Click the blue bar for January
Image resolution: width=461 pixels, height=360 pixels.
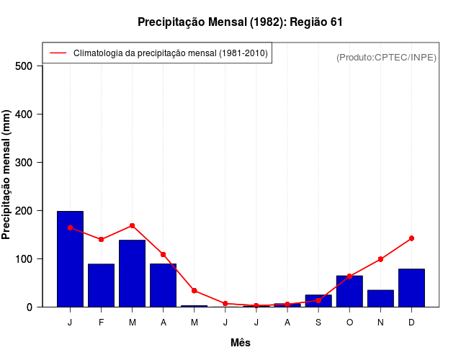[70, 259]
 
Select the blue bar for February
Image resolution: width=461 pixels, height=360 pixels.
[101, 285]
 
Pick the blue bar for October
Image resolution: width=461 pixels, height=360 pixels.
[349, 292]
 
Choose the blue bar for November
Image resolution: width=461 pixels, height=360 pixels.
[380, 298]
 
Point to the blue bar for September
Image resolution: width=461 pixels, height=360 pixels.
[318, 301]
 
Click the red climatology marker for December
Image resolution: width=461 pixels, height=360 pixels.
[411, 238]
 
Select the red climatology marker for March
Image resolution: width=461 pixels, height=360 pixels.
[133, 226]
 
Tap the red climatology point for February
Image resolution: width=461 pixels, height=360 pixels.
[101, 240]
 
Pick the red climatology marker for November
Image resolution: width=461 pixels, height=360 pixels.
[380, 259]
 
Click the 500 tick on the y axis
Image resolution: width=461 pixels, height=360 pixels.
[24, 66]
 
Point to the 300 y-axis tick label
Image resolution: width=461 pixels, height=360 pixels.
[24, 163]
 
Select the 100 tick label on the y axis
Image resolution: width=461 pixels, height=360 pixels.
[24, 259]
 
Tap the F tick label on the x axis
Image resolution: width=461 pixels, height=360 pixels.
[101, 323]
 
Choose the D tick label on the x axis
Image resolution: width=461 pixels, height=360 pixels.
[411, 323]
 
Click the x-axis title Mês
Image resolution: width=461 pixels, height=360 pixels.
[241, 343]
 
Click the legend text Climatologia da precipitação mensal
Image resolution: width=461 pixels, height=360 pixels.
[170, 53]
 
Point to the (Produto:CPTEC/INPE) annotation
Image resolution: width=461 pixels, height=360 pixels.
[386, 57]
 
